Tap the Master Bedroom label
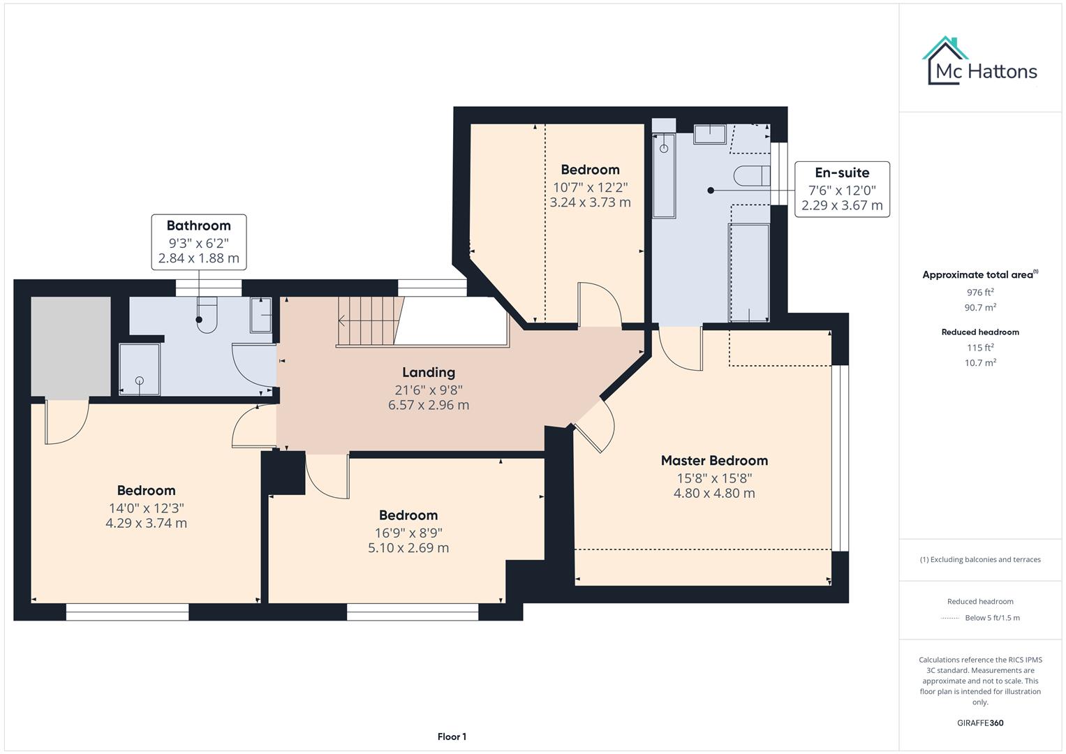(714, 461)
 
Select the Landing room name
(428, 373)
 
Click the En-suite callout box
(842, 189)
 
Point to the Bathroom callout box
(198, 242)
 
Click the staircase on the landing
(370, 320)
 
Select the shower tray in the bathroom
(140, 369)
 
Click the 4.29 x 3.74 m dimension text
(146, 524)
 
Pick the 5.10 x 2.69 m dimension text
(408, 548)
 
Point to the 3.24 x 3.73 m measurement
(590, 202)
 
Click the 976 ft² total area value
(980, 293)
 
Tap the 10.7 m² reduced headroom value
(980, 363)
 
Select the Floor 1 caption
(452, 737)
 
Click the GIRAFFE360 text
(980, 723)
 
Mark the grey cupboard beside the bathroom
(71, 346)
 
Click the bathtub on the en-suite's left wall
(664, 175)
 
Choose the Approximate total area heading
(979, 275)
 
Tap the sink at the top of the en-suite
(710, 133)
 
